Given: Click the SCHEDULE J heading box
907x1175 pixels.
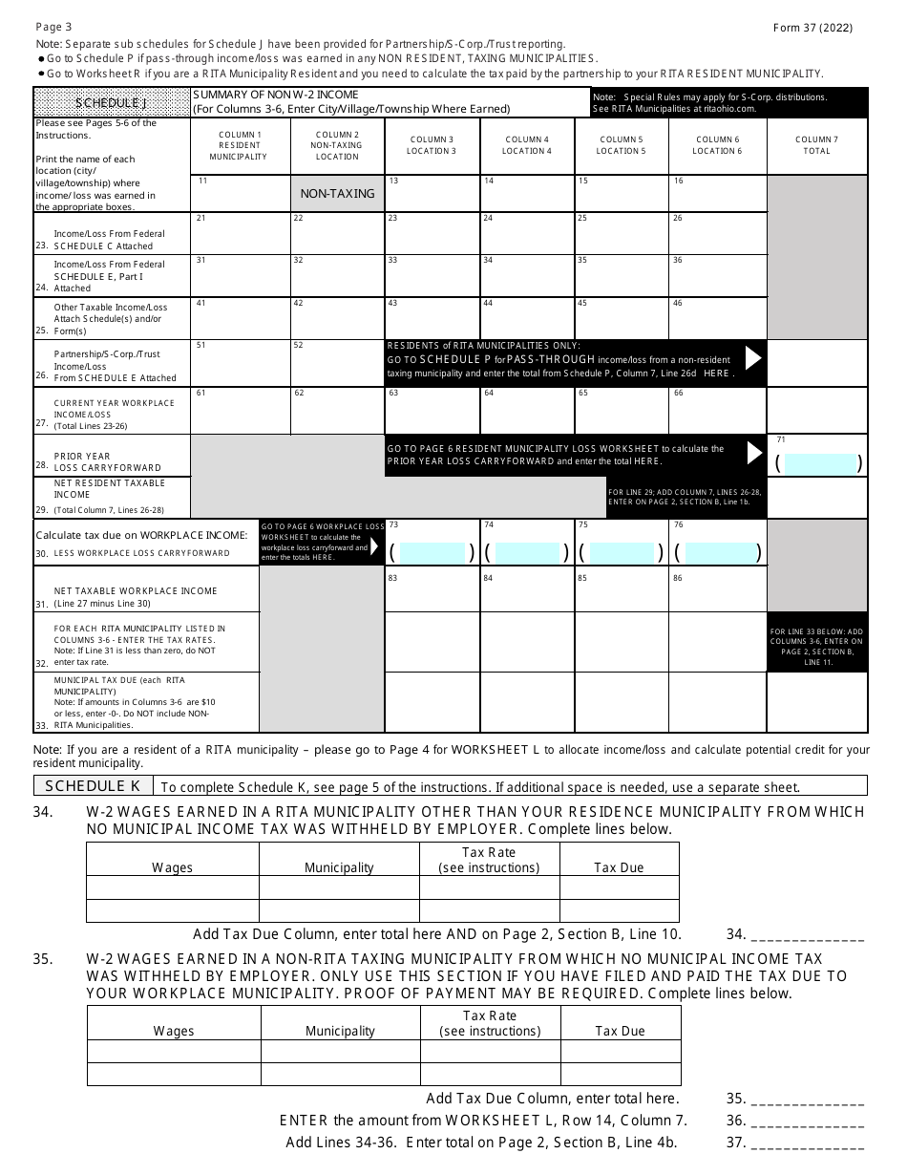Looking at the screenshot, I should pos(112,102).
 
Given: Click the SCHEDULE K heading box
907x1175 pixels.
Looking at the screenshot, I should pos(93,785).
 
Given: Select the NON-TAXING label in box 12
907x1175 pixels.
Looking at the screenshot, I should pos(337,193).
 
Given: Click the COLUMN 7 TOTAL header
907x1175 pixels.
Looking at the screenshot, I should pos(816,145).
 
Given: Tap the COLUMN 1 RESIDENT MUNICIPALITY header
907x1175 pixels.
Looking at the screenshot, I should pos(239,145).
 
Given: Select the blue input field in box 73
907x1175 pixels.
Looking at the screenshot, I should pos(431,551).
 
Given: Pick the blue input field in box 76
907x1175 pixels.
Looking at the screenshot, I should pos(717,551).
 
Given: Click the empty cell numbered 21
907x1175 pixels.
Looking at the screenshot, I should pos(240,233).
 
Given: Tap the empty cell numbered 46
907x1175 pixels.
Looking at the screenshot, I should pos(717,318).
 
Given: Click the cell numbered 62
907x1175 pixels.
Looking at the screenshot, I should pos(337,410).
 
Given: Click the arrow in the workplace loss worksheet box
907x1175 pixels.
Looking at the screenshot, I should pos(374,545).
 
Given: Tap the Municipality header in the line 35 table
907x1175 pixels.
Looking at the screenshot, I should pos(340,1031).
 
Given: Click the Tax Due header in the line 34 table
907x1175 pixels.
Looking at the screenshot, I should pos(619,867).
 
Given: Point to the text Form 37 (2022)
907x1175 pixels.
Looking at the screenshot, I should pos(812,28).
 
